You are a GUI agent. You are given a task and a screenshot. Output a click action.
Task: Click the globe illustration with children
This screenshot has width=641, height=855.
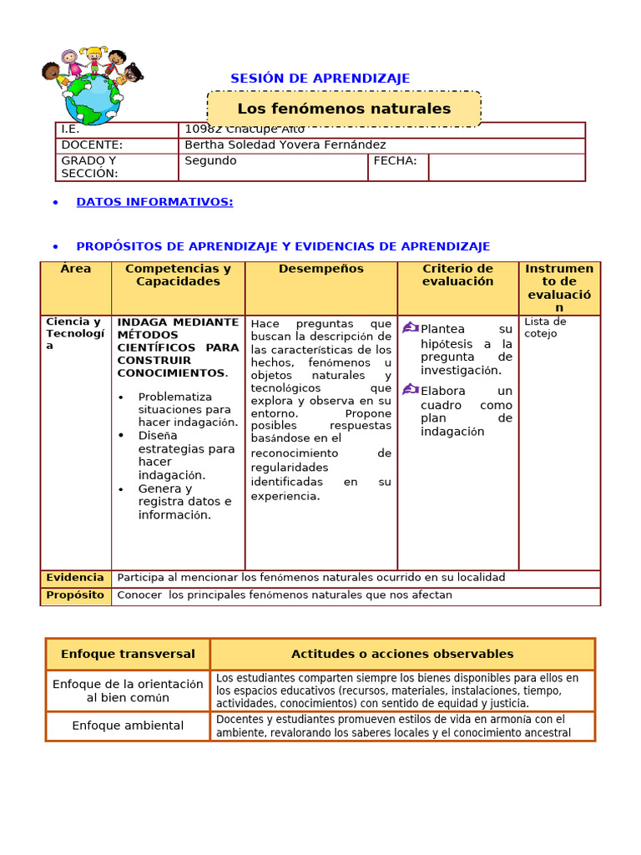coord(92,87)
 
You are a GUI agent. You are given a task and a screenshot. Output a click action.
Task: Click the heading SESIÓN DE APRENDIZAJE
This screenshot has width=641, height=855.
coord(320,78)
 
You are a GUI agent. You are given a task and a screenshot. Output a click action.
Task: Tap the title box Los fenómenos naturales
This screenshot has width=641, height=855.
coord(344,109)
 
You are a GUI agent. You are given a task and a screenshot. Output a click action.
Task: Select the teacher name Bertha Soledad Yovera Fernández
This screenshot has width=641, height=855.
coord(285,145)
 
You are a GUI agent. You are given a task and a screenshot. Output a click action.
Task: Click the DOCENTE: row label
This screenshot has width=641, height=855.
coord(92,145)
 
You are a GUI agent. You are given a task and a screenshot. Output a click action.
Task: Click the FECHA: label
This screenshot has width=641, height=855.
coord(395,161)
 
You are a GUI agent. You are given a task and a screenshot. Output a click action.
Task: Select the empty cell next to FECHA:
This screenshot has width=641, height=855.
coord(507,167)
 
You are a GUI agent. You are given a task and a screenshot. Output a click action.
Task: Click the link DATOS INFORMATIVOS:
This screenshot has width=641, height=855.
coord(154,202)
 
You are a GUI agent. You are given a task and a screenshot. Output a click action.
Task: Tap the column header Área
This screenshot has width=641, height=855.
coord(76,269)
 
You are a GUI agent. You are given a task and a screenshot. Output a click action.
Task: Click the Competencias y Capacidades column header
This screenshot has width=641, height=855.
coord(178,276)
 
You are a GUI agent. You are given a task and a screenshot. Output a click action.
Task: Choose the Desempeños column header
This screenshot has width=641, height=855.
coord(321,269)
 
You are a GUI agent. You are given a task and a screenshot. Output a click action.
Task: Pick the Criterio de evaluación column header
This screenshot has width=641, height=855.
coord(457,276)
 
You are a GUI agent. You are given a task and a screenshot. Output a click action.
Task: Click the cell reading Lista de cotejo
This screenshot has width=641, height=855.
coord(545,327)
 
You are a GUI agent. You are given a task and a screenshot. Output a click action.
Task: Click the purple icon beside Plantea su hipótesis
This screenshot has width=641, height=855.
coord(410,328)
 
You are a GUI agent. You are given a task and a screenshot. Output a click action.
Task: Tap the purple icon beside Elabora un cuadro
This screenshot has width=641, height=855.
coord(410,389)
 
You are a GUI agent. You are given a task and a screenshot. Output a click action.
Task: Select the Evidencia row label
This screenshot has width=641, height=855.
coord(75,578)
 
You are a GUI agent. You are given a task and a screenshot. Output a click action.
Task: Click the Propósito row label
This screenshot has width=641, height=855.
coord(75,595)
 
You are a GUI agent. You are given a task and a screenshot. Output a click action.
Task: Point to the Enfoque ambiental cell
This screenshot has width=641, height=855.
coord(128,726)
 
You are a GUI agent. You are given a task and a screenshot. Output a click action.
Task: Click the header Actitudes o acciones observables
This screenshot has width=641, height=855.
coord(402,655)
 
